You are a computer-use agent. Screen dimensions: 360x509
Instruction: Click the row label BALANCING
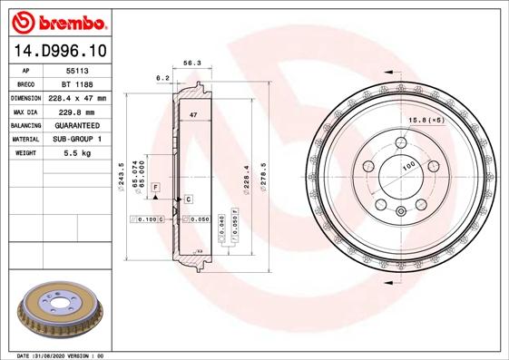click(x=26, y=125)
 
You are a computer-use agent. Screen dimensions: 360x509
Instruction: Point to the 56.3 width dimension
click(x=191, y=64)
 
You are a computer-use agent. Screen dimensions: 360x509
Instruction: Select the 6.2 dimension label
click(x=163, y=78)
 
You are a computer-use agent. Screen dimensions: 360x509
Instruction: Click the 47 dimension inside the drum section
click(x=193, y=115)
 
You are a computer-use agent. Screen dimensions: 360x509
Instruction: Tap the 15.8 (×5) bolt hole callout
click(x=426, y=120)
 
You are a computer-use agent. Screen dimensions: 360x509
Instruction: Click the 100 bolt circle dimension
click(x=409, y=166)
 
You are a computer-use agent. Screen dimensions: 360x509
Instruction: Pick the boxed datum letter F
click(x=156, y=186)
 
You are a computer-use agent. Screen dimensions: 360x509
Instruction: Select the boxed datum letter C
click(x=188, y=198)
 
